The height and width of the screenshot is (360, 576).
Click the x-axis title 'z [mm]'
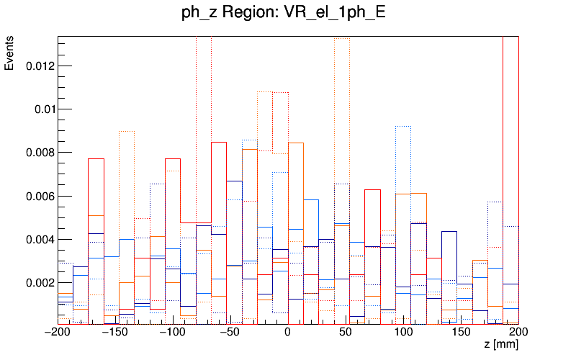pos(501,346)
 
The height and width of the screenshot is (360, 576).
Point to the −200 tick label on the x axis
pos(58,333)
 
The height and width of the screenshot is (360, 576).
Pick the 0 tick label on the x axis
pos(288,333)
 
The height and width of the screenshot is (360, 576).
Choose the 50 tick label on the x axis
pos(346,333)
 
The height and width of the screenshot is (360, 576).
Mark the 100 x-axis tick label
pos(403,333)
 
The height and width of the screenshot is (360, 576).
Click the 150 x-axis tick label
pos(461,333)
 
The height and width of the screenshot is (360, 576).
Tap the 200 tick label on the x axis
pos(518,333)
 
